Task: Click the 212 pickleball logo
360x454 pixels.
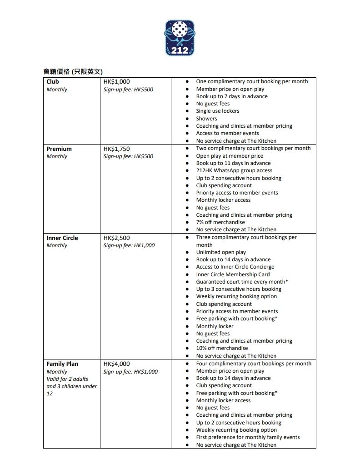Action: [180, 38]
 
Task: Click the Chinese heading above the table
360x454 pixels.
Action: [73, 71]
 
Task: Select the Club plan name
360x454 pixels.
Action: [53, 82]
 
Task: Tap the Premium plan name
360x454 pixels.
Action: [59, 149]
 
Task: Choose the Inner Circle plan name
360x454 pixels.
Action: [62, 238]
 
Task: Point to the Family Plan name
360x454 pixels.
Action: [62, 364]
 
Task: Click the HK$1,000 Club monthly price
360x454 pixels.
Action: [116, 82]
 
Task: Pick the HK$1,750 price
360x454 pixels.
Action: [116, 149]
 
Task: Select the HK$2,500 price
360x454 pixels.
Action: [116, 238]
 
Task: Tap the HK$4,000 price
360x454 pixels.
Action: [116, 364]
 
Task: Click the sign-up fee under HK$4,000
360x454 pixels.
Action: [130, 372]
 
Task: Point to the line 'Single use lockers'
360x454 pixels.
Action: [218, 111]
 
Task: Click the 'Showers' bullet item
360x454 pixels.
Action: [206, 119]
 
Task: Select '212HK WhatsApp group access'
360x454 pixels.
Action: [234, 170]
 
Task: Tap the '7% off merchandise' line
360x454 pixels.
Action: [220, 222]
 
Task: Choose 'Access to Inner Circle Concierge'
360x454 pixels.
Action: [235, 267]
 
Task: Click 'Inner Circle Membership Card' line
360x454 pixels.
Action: [233, 274]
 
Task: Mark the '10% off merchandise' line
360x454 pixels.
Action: [222, 348]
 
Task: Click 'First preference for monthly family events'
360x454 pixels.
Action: [248, 437]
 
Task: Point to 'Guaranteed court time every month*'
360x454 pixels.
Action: [242, 282]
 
